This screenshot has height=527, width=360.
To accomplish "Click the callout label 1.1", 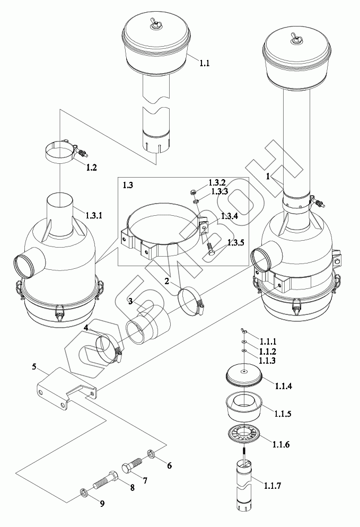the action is pyautogui.click(x=204, y=63).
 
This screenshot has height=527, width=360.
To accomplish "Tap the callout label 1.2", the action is pyautogui.click(x=91, y=168).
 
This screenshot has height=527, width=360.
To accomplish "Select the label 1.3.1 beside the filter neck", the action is pyautogui.click(x=94, y=215).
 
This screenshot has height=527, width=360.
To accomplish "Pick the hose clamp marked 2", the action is pyautogui.click(x=191, y=299).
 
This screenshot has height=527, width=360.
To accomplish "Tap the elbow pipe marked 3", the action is pyautogui.click(x=148, y=327).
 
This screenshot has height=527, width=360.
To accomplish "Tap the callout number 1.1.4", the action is pyautogui.click(x=283, y=386).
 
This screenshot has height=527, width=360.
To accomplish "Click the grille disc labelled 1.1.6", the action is pyautogui.click(x=244, y=436).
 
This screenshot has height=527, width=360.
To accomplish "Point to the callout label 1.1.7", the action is pyautogui.click(x=273, y=485).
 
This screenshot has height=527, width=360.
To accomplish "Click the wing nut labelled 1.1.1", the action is pyautogui.click(x=244, y=332).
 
